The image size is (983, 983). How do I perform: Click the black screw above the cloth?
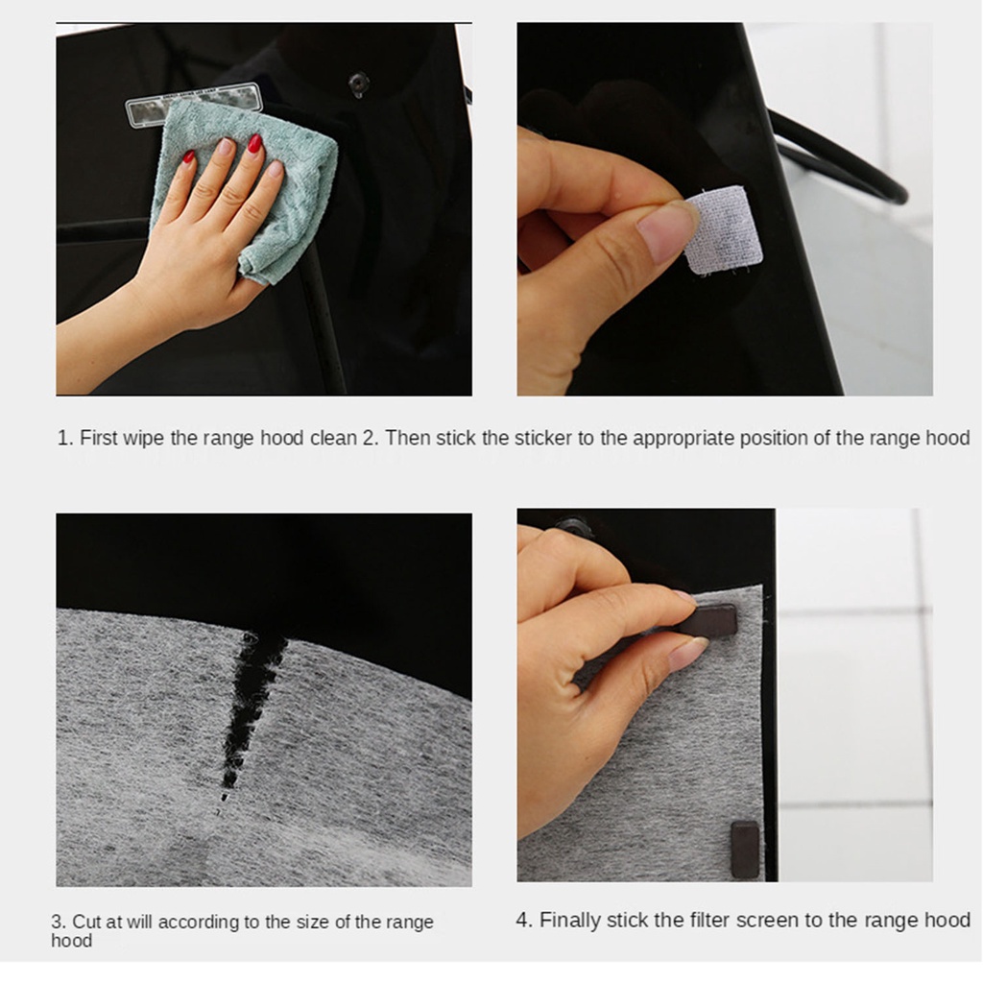359,84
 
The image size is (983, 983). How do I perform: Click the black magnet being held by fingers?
708,621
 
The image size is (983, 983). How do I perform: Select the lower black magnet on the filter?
745,850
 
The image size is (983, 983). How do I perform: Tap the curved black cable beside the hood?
840,156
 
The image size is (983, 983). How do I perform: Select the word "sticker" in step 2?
545,438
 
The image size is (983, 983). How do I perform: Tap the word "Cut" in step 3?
86,922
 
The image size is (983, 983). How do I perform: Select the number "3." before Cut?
59,922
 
